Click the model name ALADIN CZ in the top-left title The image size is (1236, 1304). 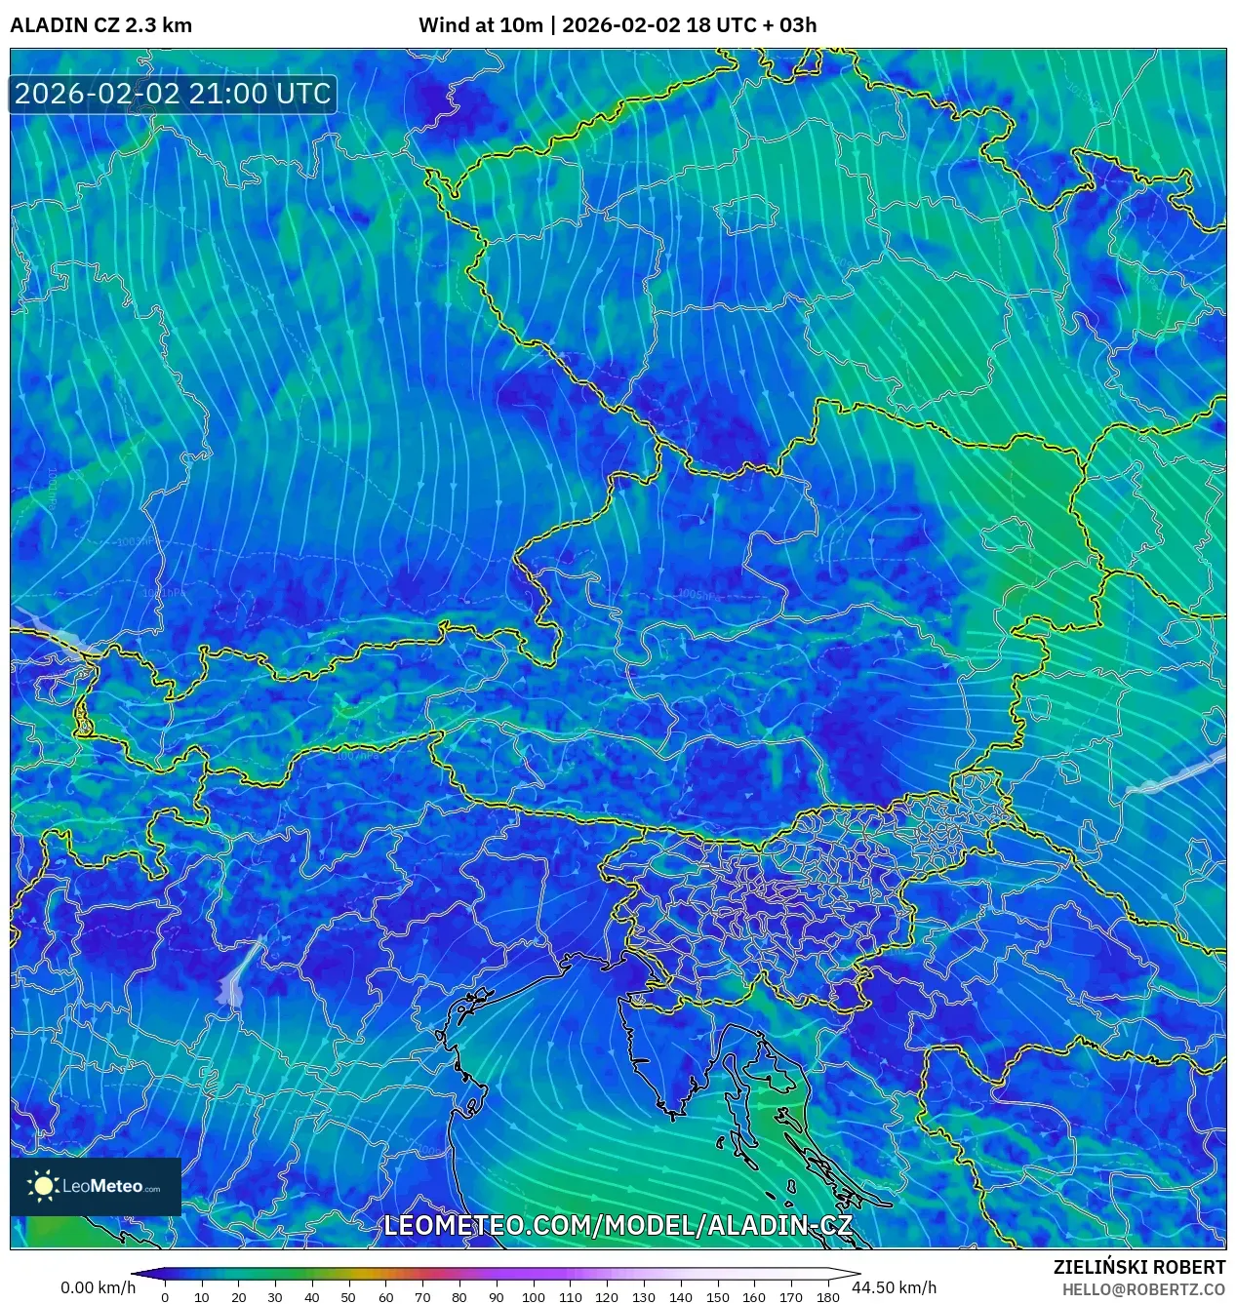click(64, 25)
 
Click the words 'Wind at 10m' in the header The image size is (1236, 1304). click(480, 25)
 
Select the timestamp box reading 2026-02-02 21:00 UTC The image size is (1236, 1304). click(173, 94)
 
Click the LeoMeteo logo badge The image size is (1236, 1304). click(96, 1186)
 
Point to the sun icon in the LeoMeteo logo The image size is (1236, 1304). click(43, 1186)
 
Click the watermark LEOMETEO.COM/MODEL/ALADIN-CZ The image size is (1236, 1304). click(618, 1226)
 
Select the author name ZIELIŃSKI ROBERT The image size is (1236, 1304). click(1138, 1267)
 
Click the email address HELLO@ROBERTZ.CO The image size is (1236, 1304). click(1143, 1289)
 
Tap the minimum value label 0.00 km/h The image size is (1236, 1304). click(98, 1287)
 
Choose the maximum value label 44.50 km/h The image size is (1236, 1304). click(894, 1287)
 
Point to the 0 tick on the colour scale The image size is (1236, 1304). click(165, 1297)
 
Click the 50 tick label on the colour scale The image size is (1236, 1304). click(348, 1297)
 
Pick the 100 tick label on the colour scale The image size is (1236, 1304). click(533, 1297)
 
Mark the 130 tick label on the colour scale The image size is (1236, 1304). click(643, 1297)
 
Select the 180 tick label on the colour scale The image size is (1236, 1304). click(827, 1297)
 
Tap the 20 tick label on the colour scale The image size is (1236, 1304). click(238, 1297)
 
